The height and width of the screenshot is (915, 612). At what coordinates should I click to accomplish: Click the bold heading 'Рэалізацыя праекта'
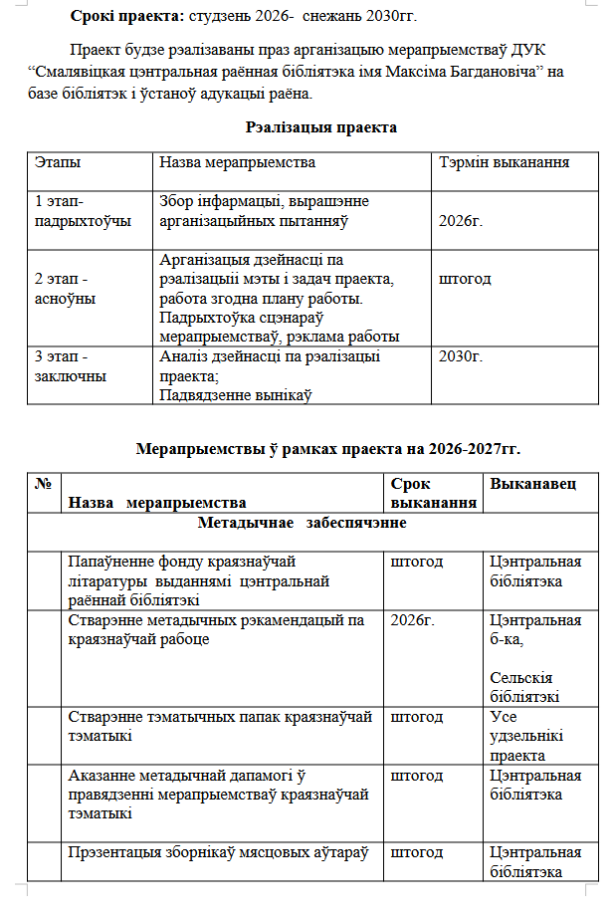tap(320, 127)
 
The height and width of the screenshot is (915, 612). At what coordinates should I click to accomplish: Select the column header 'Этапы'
tap(58, 161)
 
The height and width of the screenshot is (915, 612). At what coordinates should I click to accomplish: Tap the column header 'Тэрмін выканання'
tap(504, 161)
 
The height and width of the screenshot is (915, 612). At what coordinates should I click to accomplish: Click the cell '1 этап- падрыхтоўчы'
tap(83, 211)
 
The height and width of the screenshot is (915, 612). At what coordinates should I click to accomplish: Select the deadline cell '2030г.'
tap(460, 355)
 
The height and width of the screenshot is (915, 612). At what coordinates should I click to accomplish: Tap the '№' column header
tap(43, 483)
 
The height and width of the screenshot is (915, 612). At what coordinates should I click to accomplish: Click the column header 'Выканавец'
tap(530, 483)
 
